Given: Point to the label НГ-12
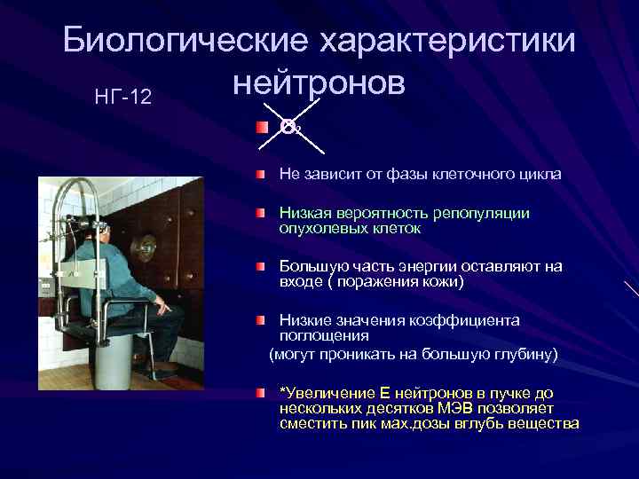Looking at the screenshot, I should [x=122, y=95].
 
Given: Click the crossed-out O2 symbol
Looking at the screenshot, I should [x=291, y=127].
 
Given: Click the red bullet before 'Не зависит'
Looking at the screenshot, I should [x=259, y=174].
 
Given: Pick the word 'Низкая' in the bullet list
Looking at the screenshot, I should [x=302, y=213].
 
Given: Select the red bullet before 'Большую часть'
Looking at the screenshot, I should [x=259, y=266].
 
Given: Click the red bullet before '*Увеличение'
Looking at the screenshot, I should [x=259, y=391].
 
